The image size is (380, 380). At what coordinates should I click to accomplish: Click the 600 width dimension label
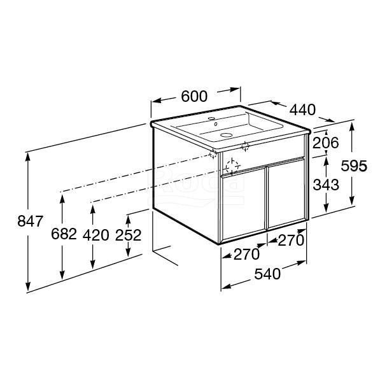coord(194,96)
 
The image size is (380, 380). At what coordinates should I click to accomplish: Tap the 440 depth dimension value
coord(303,109)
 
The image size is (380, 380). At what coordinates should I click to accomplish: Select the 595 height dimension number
coord(354,166)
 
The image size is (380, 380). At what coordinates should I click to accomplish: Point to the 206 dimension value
coord(325,143)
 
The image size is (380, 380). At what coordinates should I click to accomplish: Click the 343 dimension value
coord(326,185)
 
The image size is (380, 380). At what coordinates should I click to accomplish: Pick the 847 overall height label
coord(31,221)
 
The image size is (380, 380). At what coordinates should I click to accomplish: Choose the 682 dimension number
coord(64,234)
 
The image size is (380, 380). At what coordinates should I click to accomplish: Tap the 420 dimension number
coord(95,235)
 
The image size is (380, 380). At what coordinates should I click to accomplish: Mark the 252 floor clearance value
coord(128,235)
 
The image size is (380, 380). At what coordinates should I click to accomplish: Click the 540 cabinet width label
coord(267,274)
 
